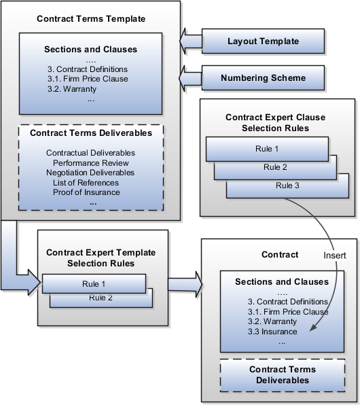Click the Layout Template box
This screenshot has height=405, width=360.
263,41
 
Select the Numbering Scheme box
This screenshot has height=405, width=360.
263,77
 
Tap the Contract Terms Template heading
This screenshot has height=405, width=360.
91,18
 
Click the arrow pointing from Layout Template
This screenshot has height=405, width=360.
191,41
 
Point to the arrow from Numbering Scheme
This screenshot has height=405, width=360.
191,78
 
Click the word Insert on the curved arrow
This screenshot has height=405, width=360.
335,256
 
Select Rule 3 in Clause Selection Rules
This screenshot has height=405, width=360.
287,186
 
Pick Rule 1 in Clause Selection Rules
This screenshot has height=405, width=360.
267,149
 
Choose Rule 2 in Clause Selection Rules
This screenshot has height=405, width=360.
275,167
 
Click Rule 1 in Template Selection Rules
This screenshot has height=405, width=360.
94,284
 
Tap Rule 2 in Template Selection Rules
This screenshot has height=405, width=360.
101,298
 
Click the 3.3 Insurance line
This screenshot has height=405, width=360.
272,332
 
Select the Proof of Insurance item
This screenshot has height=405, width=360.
86,192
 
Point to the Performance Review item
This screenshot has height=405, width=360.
90,163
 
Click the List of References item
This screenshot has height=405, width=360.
86,183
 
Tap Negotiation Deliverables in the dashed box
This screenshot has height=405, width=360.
90,173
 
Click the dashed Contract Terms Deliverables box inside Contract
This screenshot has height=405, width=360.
283,375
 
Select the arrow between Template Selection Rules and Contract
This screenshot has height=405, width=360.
185,284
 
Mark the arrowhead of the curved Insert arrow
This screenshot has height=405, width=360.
313,328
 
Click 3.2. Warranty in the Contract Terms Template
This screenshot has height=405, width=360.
72,89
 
